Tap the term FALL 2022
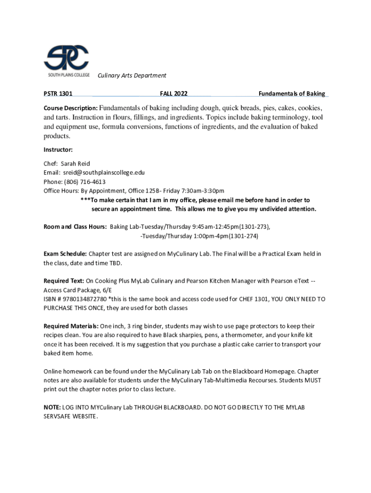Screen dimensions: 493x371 [x=174, y=94]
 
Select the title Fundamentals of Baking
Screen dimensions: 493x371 [x=291, y=94]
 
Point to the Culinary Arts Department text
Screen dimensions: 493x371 [x=132, y=76]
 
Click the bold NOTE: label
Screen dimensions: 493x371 [x=52, y=408]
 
